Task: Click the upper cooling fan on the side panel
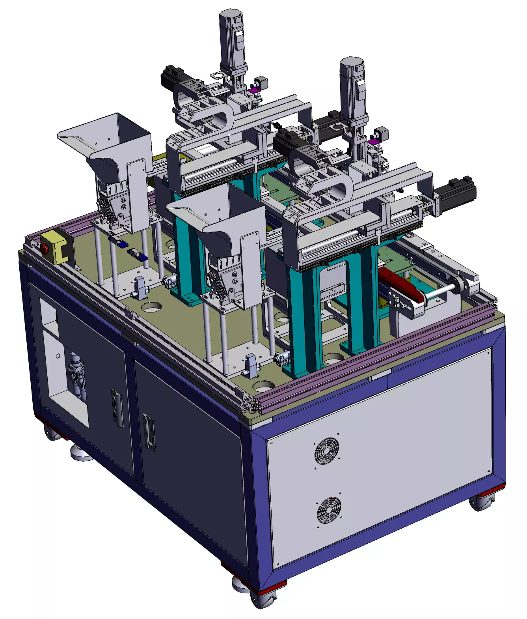point(326,451)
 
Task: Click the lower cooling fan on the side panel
point(329,510)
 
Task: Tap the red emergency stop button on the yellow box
point(45,248)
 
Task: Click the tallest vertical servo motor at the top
point(232,39)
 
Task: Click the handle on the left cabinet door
point(117,408)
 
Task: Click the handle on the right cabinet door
point(149,432)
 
